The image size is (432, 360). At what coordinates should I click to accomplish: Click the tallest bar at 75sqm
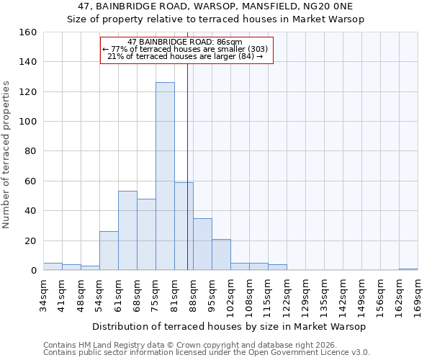(x=165, y=176)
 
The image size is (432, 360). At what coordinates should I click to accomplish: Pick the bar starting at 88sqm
(x=202, y=244)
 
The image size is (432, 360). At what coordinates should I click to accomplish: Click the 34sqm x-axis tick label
(x=43, y=294)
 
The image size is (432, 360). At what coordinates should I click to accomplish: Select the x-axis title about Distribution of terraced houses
(x=230, y=327)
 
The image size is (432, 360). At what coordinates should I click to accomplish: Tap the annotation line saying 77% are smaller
(x=186, y=49)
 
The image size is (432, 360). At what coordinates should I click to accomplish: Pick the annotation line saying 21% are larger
(x=186, y=56)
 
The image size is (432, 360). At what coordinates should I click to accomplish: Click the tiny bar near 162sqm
(x=408, y=269)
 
